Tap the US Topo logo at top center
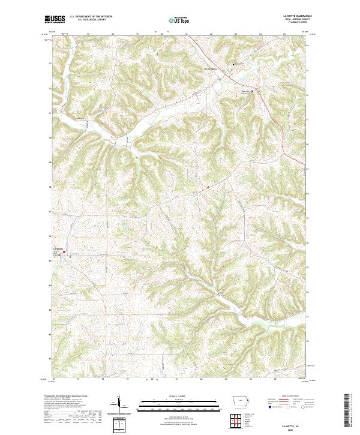click(x=181, y=20)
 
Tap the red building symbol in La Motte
click(x=64, y=253)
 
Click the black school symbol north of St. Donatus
click(x=235, y=64)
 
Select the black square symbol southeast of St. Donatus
click(x=252, y=91)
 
